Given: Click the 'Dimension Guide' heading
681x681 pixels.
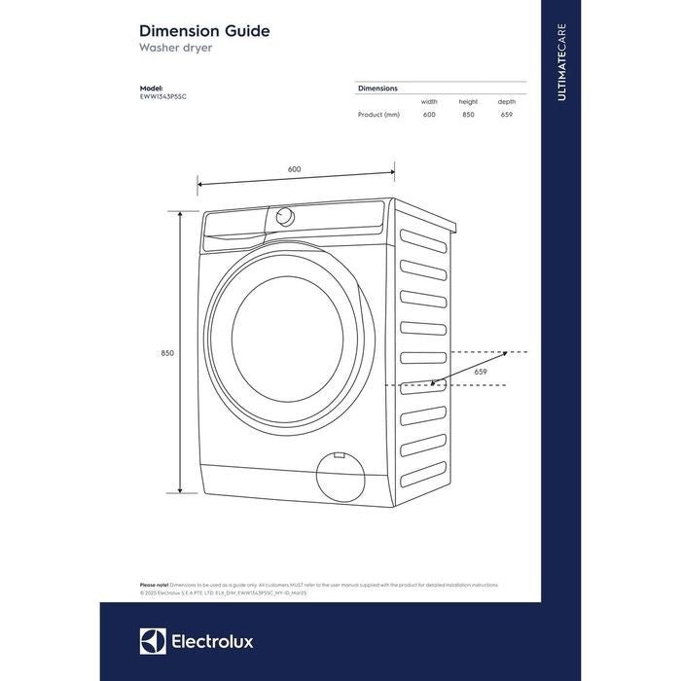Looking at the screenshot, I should point(204,31).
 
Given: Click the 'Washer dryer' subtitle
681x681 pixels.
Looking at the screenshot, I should point(177,47).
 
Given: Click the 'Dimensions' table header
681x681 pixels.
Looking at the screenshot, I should point(377,89).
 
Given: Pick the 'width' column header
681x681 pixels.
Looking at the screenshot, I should point(429,101).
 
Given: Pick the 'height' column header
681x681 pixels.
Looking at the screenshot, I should point(468,101).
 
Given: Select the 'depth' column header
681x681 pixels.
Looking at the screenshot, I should point(506,101).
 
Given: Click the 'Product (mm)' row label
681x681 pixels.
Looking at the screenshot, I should point(378,115).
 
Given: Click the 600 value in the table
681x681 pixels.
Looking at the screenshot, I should point(429,115).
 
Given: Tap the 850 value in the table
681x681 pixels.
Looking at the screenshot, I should point(468,115).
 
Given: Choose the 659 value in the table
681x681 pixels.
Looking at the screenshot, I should point(506,115).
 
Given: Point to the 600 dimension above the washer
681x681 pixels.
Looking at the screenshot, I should point(294,169).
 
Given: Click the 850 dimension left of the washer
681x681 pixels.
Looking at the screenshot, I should point(167,353).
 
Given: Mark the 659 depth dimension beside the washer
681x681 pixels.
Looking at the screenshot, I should point(481,372).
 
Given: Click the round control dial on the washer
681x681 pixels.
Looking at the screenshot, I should point(285,216).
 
